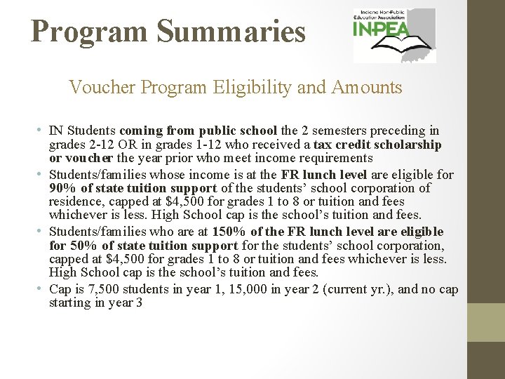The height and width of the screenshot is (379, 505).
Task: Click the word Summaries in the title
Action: (x=231, y=32)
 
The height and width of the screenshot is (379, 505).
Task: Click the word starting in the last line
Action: (x=70, y=303)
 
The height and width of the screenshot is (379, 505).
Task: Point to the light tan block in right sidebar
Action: (x=486, y=322)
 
